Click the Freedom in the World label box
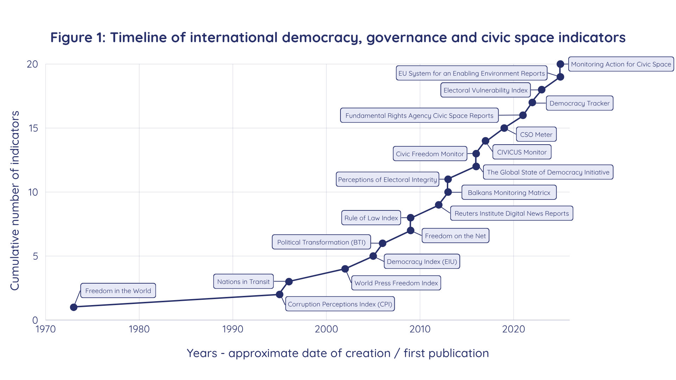click(x=118, y=291)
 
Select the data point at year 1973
click(x=74, y=307)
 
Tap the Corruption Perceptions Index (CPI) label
click(x=340, y=304)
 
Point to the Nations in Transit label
click(x=243, y=281)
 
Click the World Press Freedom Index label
click(x=396, y=283)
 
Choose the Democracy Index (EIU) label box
click(x=422, y=261)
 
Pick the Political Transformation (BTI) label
click(x=321, y=242)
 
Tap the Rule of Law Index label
click(x=371, y=218)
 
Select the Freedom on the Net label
click(x=455, y=236)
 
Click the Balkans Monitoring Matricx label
click(x=509, y=192)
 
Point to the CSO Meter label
click(x=536, y=134)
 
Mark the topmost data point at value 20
click(x=560, y=64)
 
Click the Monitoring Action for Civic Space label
click(x=621, y=64)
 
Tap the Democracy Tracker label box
click(x=579, y=103)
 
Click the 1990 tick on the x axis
click(x=233, y=329)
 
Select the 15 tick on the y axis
click(x=33, y=128)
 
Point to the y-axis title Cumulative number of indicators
click(x=15, y=201)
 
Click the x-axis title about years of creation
click(x=338, y=353)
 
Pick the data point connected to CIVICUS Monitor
click(x=485, y=141)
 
